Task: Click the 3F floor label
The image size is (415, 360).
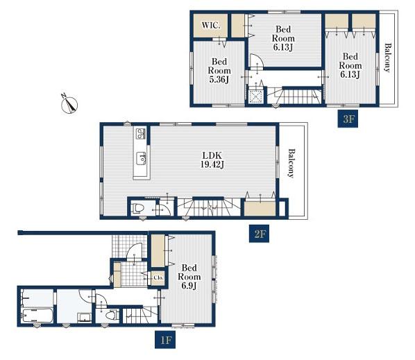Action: [x=348, y=119]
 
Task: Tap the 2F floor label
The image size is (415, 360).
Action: [x=259, y=234]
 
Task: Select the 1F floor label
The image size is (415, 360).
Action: [x=165, y=340]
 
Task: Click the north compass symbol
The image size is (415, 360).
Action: [x=69, y=104]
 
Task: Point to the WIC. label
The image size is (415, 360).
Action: [x=211, y=26]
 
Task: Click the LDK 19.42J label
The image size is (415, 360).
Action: [x=212, y=160]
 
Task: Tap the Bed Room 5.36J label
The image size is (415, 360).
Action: [x=219, y=70]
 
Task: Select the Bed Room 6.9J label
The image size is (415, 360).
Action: [x=189, y=277]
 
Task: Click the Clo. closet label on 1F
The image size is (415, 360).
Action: [x=158, y=278]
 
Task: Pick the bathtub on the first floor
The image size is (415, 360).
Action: [x=37, y=316]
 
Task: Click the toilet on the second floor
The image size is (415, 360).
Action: [x=137, y=208]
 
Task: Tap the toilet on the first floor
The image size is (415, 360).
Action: [x=112, y=315]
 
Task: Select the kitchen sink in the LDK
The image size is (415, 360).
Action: [x=142, y=158]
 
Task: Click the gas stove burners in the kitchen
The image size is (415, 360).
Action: [x=140, y=133]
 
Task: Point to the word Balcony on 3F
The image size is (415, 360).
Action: [x=387, y=58]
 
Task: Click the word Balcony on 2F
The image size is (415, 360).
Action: [x=291, y=164]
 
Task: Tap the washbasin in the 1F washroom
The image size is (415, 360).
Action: [x=85, y=318]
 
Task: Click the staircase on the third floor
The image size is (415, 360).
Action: [x=295, y=96]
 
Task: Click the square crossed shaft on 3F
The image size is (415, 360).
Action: [x=255, y=96]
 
